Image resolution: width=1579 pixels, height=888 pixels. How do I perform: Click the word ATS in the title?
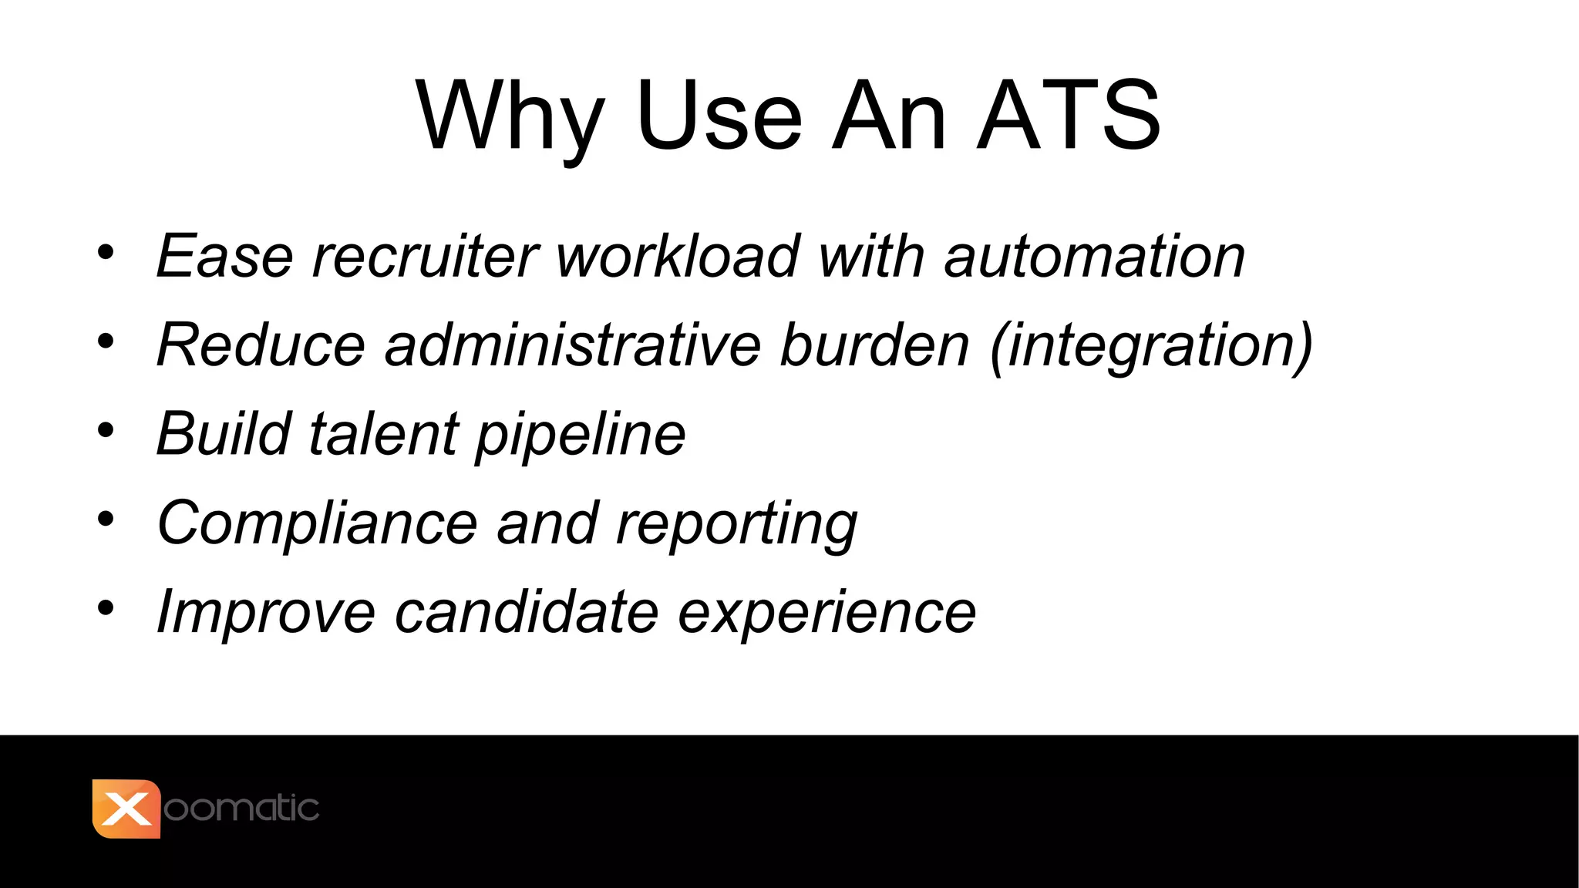[1069, 116]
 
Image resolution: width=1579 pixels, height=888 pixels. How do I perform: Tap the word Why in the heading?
[509, 117]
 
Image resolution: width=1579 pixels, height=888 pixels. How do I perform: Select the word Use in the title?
[719, 116]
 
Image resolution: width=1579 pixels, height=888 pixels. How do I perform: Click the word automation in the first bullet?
[1094, 256]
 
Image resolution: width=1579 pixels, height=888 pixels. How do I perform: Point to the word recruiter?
[425, 256]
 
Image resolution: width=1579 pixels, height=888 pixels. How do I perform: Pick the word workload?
[678, 256]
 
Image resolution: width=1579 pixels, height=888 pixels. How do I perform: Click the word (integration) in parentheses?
[1151, 345]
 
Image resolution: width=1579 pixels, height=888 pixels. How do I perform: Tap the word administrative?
[572, 345]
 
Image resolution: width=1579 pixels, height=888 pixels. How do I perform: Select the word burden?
[874, 345]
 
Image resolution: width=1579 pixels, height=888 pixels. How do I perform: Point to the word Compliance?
[317, 523]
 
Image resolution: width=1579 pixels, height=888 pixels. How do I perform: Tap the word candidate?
[527, 612]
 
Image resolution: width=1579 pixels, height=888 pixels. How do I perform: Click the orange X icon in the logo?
[126, 809]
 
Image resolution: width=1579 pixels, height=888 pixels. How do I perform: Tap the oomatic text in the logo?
[241, 809]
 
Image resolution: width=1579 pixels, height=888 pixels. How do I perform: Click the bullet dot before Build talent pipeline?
[106, 430]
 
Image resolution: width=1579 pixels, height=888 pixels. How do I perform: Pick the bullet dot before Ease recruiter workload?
[106, 252]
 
